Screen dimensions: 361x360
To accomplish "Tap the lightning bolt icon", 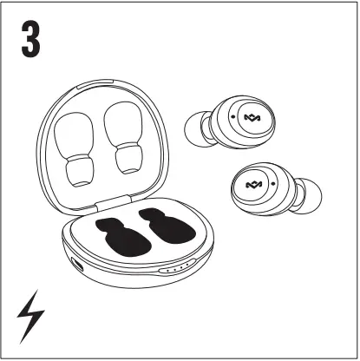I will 29,318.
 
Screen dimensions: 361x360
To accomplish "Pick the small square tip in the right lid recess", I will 128,158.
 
